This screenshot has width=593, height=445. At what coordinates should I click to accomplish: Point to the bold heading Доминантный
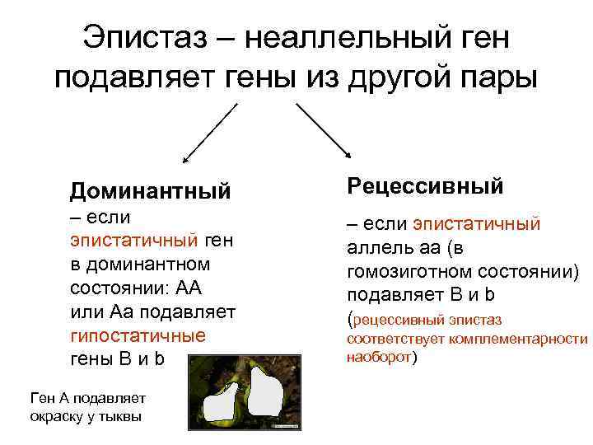click(x=150, y=191)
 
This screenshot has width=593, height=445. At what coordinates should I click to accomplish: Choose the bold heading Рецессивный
click(x=425, y=185)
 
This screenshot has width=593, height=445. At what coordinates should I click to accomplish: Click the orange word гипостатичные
click(x=138, y=337)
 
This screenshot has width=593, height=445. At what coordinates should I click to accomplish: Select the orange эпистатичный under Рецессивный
click(x=476, y=224)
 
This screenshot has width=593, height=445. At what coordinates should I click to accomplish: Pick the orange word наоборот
click(x=379, y=358)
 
